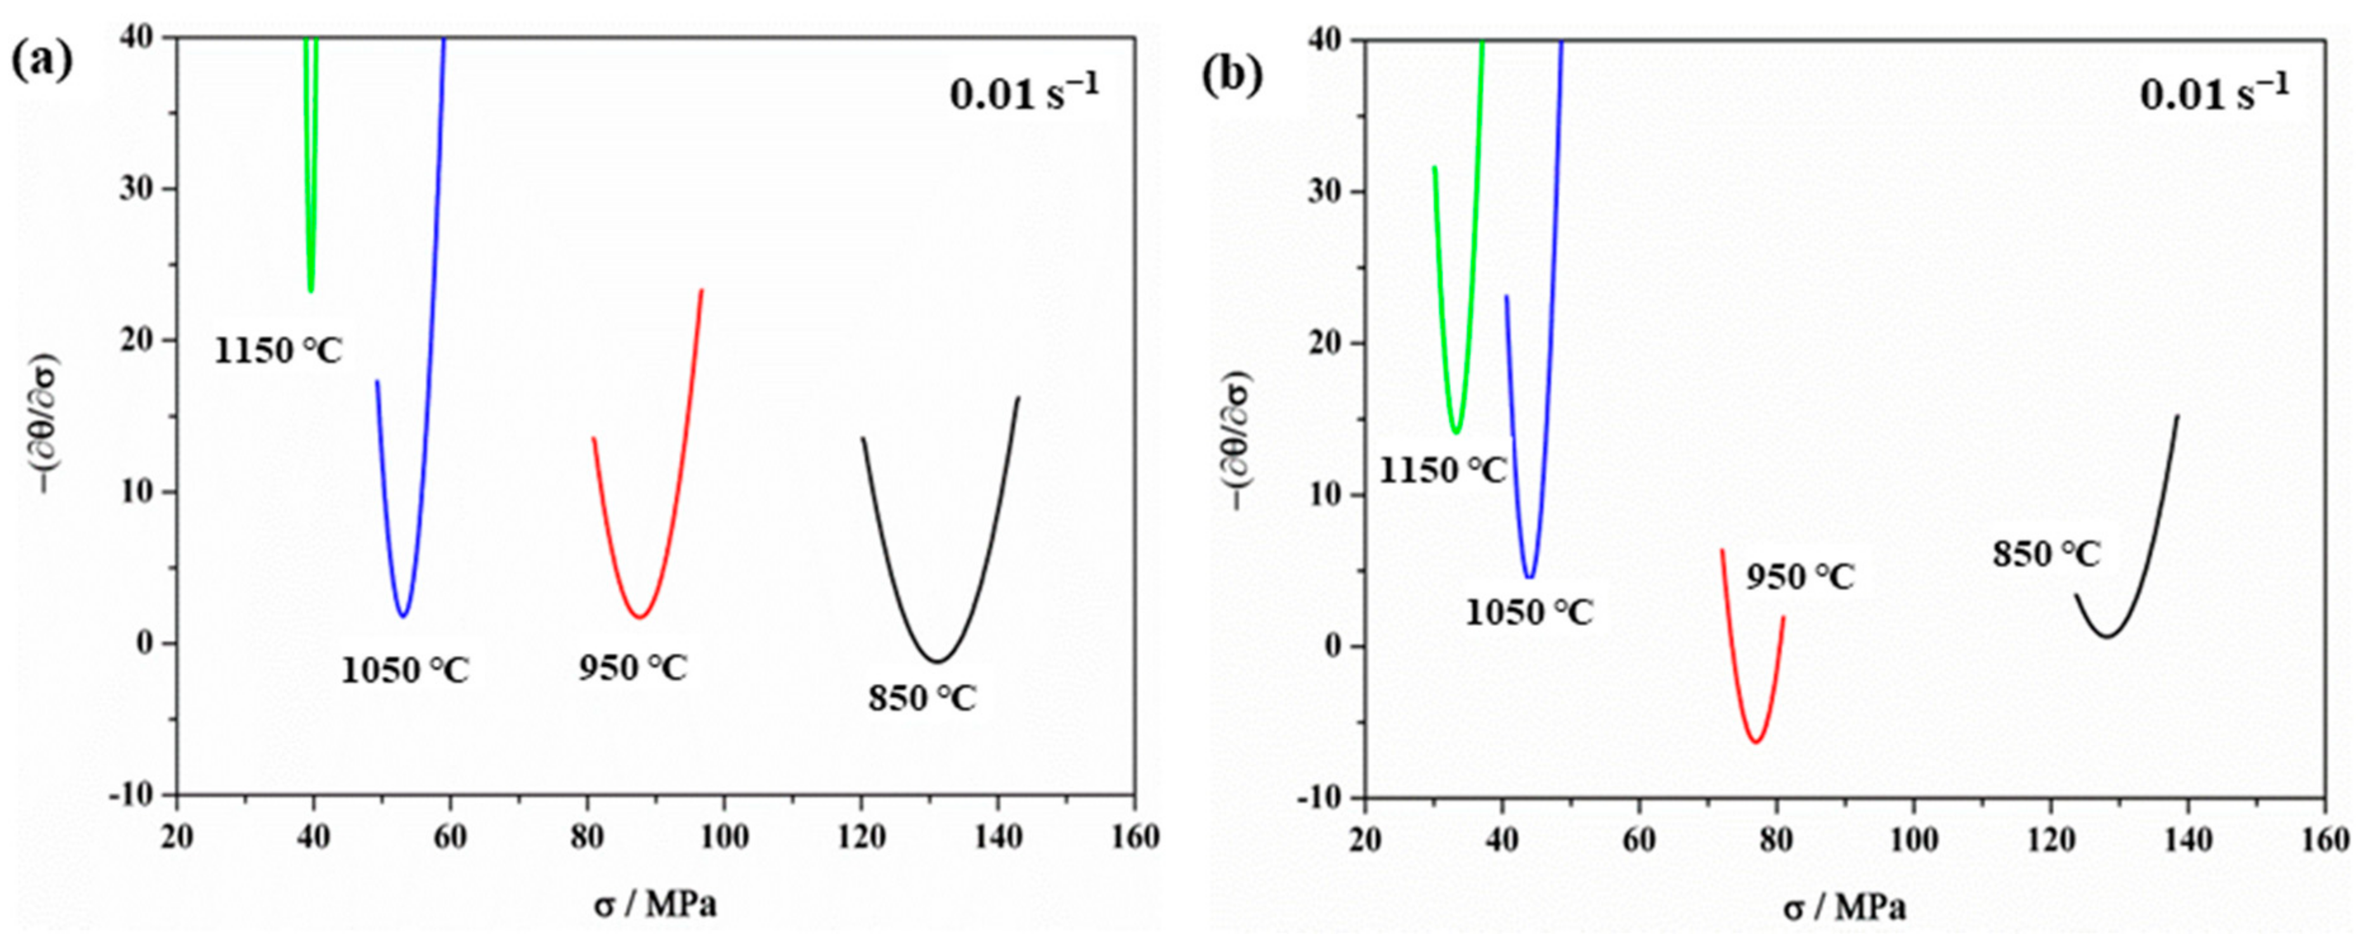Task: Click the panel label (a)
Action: tap(41, 61)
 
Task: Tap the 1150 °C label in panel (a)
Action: tap(278, 350)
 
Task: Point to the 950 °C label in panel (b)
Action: tap(1799, 577)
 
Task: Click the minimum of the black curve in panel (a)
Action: tap(937, 661)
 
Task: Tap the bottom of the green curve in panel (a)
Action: tap(311, 290)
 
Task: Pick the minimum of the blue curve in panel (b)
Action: tap(1529, 577)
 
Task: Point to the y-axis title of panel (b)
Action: tap(1239, 440)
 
